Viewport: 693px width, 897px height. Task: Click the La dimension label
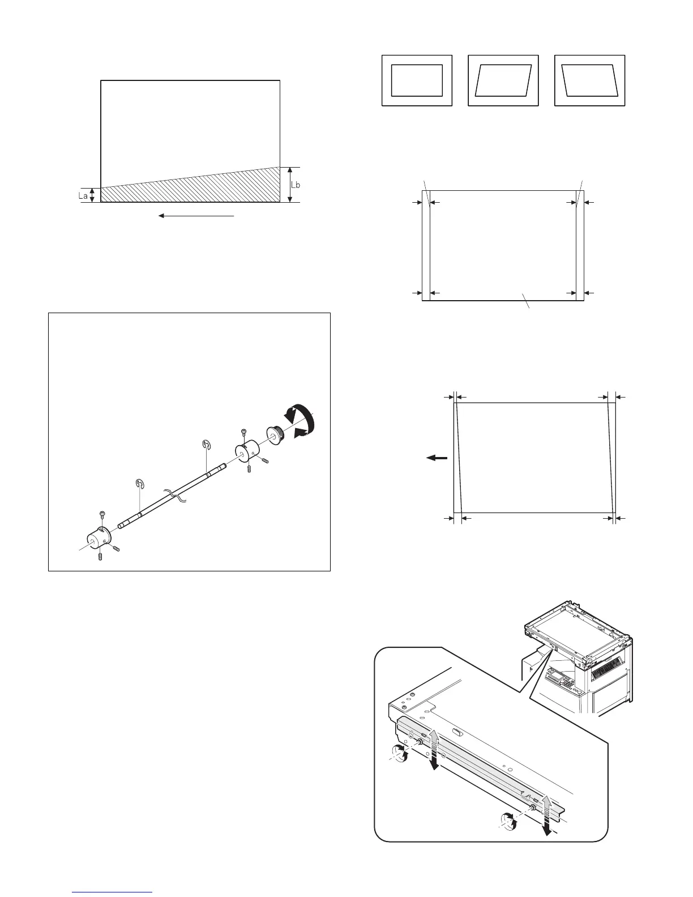point(83,196)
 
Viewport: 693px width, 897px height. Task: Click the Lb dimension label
point(296,185)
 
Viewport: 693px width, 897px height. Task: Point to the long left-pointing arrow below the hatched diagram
point(196,216)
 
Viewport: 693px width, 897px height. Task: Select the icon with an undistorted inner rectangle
point(417,80)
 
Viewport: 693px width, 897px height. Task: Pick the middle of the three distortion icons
point(503,80)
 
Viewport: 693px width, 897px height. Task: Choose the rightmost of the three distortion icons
point(589,80)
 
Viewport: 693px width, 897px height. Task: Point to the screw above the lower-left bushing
point(102,514)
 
